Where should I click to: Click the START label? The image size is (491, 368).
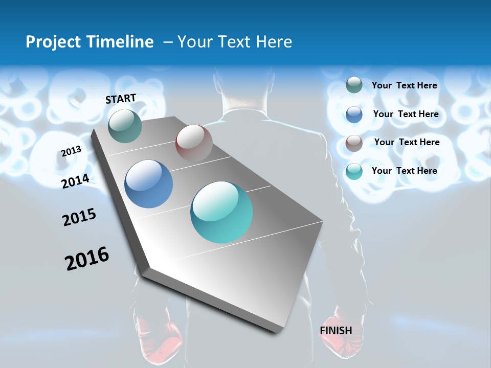tap(121, 99)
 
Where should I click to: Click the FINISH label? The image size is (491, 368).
tap(336, 331)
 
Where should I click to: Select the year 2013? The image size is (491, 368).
tap(72, 151)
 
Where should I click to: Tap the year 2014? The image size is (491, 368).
tap(76, 181)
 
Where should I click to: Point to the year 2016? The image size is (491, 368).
tap(87, 259)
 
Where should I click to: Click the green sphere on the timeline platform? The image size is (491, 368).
tap(125, 126)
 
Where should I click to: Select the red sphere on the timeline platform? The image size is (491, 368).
tap(194, 143)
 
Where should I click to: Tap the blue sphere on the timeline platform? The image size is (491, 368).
tap(149, 184)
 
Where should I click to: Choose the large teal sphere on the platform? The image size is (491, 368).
tap(221, 212)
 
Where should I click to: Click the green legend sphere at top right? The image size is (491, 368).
tap(354, 85)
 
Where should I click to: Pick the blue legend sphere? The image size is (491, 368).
tap(354, 114)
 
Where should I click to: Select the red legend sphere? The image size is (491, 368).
tap(354, 143)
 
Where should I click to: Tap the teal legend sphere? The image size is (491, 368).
tap(354, 171)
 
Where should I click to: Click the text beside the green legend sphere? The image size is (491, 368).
tap(404, 85)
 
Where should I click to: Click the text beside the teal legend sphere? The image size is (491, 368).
tap(404, 171)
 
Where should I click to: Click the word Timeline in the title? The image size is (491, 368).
tap(120, 42)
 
